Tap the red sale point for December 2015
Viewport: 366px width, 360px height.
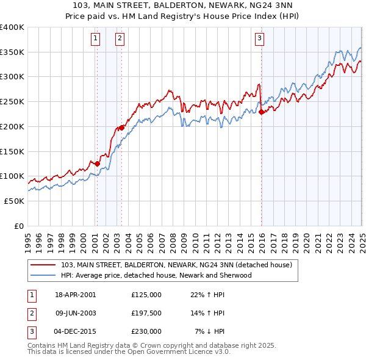(x=261, y=112)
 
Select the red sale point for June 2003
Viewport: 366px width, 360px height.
(x=122, y=128)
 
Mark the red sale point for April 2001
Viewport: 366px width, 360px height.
(x=97, y=163)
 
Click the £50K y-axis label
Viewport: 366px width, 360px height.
(x=15, y=201)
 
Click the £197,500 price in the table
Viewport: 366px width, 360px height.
(x=146, y=313)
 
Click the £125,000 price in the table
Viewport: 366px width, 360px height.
(x=146, y=295)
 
